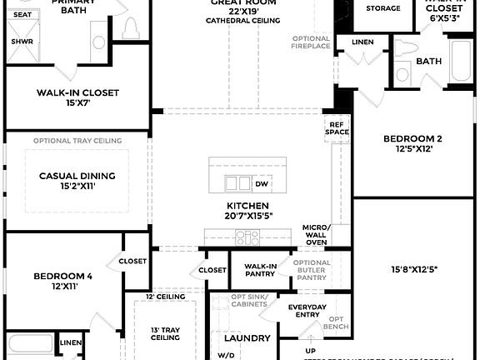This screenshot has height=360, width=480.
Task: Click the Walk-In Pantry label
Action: (x=260, y=270)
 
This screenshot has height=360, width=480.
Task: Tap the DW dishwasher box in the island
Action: (x=262, y=184)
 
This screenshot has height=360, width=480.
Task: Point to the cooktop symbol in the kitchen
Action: (x=247, y=237)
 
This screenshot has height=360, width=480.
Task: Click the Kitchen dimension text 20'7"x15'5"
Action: (x=247, y=217)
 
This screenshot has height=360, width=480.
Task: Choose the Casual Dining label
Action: (x=77, y=176)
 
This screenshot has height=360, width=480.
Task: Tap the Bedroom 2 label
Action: (x=412, y=138)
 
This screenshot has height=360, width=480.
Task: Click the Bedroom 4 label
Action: (x=63, y=276)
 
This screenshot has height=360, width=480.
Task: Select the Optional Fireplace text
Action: (x=312, y=42)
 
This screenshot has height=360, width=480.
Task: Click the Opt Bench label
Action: (x=336, y=322)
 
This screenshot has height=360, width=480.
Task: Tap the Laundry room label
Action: (x=247, y=337)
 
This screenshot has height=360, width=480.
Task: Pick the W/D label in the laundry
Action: (x=226, y=355)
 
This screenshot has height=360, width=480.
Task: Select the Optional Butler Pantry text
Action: (x=312, y=268)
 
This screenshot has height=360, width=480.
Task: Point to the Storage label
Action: (x=382, y=8)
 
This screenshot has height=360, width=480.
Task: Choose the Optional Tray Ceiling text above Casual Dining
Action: (x=77, y=141)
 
